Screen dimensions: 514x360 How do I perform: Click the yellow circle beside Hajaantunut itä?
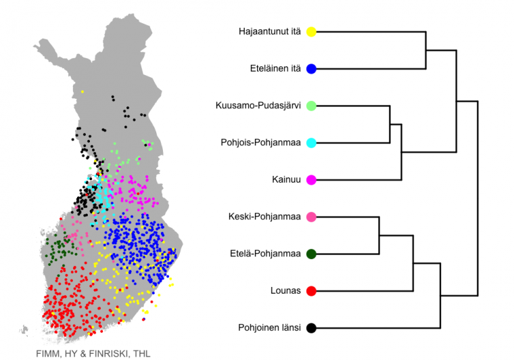pos(311,32)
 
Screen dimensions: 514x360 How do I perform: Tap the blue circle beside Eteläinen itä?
pos(311,69)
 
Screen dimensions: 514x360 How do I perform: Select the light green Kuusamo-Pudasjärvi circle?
pos(311,106)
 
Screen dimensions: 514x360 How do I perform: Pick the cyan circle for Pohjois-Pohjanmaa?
pos(311,143)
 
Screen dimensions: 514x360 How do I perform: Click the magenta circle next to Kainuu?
pos(311,180)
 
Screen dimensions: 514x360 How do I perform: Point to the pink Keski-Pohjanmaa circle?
pos(311,217)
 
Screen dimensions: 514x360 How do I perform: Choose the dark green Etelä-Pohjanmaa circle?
pos(311,254)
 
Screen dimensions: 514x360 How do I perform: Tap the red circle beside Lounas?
pos(311,291)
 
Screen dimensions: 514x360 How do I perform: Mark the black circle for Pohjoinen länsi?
pos(311,328)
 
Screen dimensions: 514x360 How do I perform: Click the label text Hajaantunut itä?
pos(269,32)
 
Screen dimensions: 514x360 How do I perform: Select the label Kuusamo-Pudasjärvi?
pos(258,106)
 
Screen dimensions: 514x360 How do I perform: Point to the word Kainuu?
pos(286,180)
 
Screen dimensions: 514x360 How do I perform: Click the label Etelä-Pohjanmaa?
pos(265,254)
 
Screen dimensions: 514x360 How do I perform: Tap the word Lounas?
pos(285,290)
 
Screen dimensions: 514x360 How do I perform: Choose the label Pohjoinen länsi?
pos(269,328)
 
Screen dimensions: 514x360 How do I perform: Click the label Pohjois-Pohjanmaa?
pos(260,143)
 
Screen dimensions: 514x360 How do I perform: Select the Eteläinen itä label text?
pos(275,68)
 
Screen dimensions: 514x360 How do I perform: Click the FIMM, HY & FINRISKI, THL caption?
pos(93,354)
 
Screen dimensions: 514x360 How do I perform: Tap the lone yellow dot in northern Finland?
pos(83,92)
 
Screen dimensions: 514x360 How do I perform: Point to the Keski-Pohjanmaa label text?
pos(264,217)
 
